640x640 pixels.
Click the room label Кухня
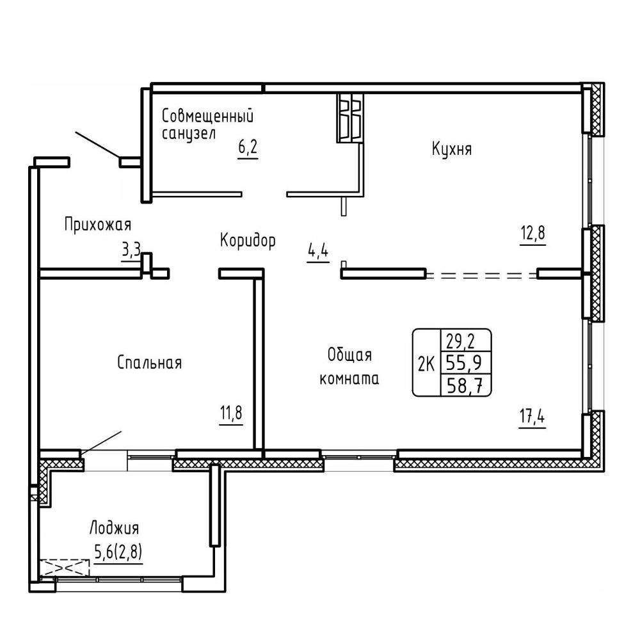[451, 149]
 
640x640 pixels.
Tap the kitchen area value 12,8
[532, 234]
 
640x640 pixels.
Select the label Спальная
[149, 362]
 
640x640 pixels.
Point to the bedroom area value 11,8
[231, 413]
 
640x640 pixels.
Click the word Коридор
[248, 240]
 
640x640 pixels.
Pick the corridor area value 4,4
[318, 250]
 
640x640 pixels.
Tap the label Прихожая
[98, 225]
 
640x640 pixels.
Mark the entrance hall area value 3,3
[131, 248]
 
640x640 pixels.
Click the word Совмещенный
[208, 116]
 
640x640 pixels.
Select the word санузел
[189, 134]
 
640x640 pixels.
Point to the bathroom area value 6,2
[248, 147]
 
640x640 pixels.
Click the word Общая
[350, 355]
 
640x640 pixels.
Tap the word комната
[349, 379]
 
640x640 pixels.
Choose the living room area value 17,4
[532, 417]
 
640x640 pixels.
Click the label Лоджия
[115, 528]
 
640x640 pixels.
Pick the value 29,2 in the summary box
[461, 341]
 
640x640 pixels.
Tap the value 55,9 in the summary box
[464, 362]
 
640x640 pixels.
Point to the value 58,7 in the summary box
[464, 385]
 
